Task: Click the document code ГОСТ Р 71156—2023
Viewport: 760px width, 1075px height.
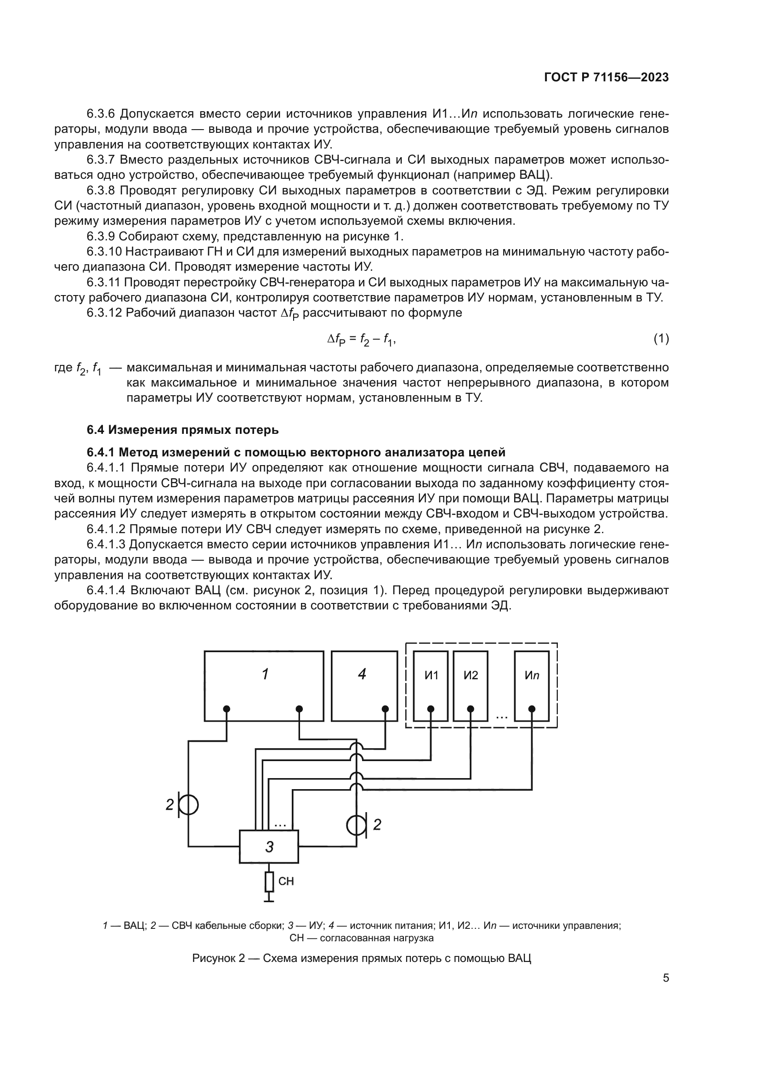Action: point(607,78)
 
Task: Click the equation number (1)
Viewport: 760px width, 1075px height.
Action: point(661,339)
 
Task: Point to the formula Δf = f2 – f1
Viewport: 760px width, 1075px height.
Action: point(361,340)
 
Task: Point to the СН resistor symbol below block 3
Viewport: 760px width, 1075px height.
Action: point(269,882)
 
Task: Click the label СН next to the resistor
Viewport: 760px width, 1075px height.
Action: point(286,882)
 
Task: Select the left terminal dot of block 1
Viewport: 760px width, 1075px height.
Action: point(227,709)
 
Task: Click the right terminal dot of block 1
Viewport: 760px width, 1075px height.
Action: point(300,709)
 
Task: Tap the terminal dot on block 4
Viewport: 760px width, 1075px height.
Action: point(385,709)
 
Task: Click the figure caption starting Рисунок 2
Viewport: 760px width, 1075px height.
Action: point(361,958)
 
